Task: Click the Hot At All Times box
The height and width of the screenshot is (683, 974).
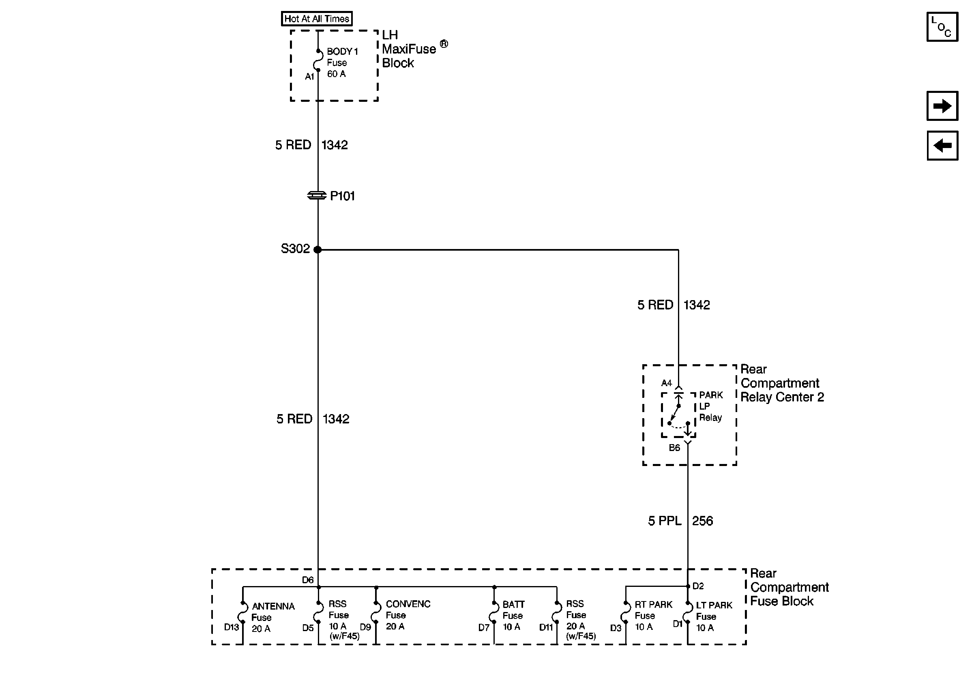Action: pyautogui.click(x=316, y=19)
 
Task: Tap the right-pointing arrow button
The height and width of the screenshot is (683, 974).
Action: pyautogui.click(x=942, y=105)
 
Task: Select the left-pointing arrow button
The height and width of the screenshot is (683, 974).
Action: pyautogui.click(x=942, y=146)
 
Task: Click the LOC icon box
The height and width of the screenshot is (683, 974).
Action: pyautogui.click(x=942, y=27)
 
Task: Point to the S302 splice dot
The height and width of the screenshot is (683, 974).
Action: pyautogui.click(x=318, y=249)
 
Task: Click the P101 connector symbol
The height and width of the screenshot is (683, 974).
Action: pyautogui.click(x=317, y=195)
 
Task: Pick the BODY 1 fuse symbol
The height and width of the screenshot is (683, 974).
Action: pyautogui.click(x=318, y=61)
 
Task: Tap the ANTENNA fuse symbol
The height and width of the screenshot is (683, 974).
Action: pyautogui.click(x=243, y=612)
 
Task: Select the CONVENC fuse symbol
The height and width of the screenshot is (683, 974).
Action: pyautogui.click(x=376, y=612)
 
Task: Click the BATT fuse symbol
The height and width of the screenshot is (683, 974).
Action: pyautogui.click(x=494, y=612)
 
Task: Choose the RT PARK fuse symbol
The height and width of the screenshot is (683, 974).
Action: pyautogui.click(x=626, y=612)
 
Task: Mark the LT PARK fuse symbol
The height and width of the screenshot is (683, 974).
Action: pyautogui.click(x=687, y=612)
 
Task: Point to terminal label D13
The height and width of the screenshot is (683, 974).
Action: pyautogui.click(x=232, y=627)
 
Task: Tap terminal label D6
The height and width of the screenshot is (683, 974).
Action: pyautogui.click(x=307, y=580)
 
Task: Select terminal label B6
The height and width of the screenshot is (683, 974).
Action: pyautogui.click(x=674, y=447)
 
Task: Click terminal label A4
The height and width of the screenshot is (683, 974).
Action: pyautogui.click(x=667, y=383)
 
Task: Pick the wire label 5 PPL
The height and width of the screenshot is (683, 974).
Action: pyautogui.click(x=664, y=521)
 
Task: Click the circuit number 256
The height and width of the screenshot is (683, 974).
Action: pyautogui.click(x=702, y=521)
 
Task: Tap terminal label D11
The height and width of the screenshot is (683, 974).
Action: pyautogui.click(x=546, y=627)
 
